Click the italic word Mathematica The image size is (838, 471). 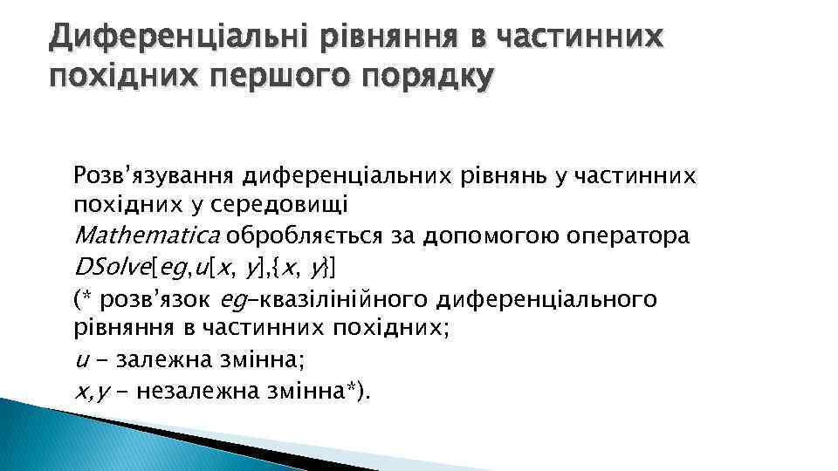point(148,235)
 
